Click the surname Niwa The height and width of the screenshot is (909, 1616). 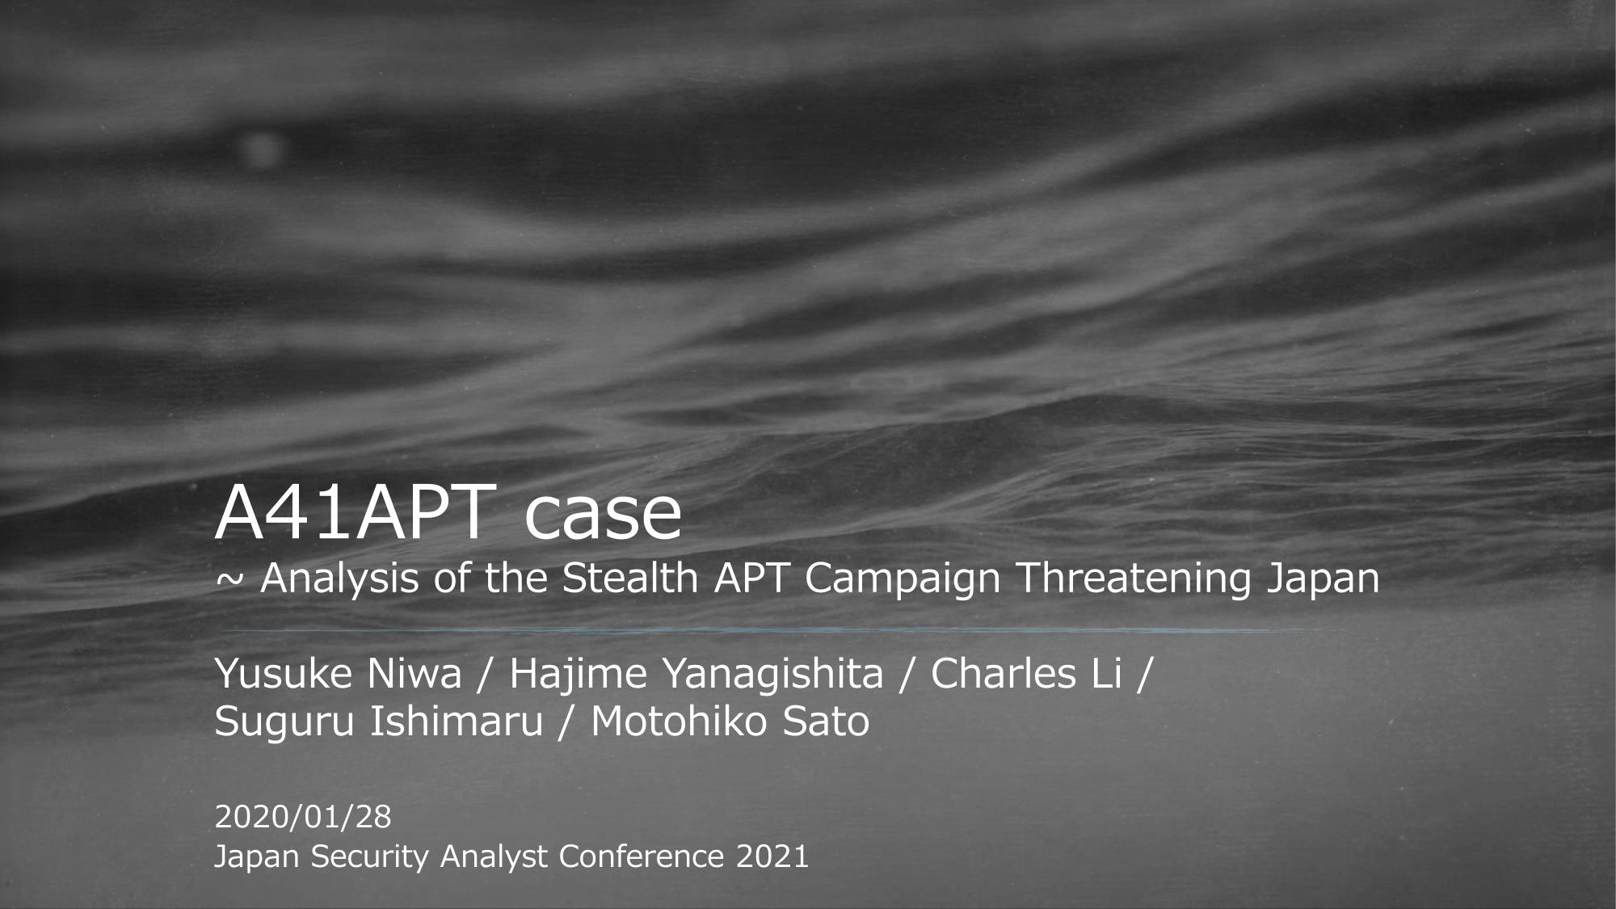pyautogui.click(x=415, y=674)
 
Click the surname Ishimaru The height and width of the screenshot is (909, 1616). pyautogui.click(x=457, y=721)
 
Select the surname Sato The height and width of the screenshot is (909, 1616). pyautogui.click(x=826, y=721)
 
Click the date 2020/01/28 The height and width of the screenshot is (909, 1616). pyautogui.click(x=303, y=817)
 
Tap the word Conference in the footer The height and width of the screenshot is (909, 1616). pyautogui.click(x=642, y=856)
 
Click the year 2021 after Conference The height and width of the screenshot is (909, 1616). pyautogui.click(x=772, y=856)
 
